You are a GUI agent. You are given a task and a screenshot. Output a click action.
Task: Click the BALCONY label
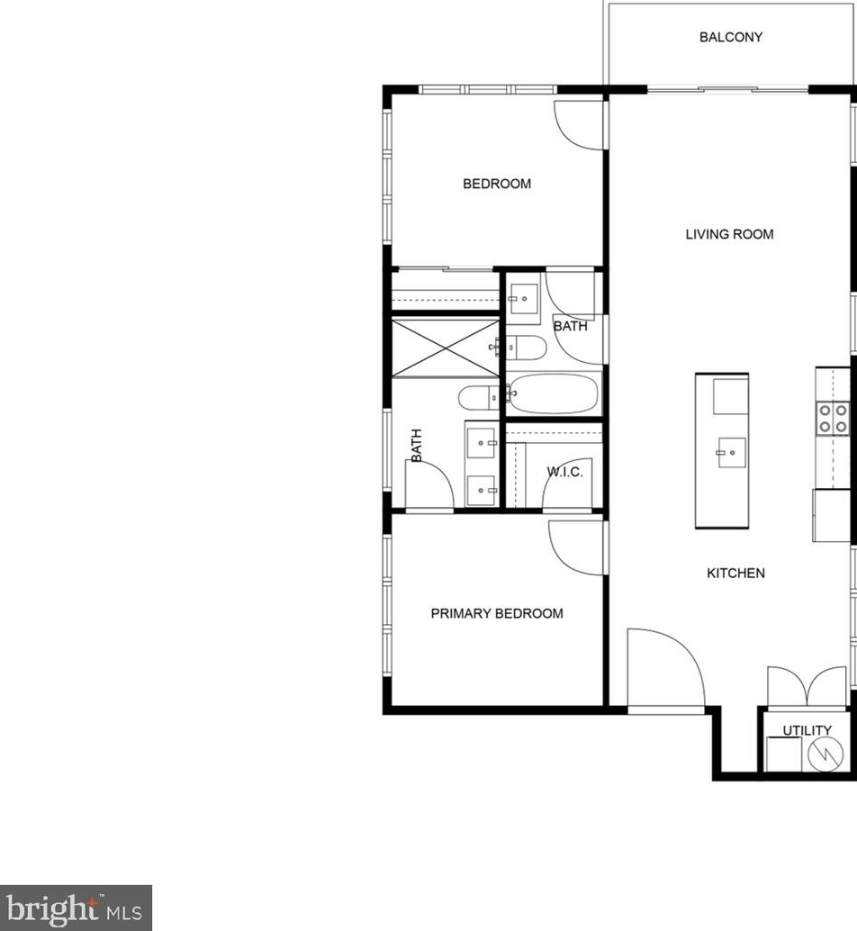pyautogui.click(x=731, y=37)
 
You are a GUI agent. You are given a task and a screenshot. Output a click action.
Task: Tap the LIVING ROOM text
pyautogui.click(x=729, y=234)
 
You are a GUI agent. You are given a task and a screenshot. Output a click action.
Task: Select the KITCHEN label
pyautogui.click(x=735, y=573)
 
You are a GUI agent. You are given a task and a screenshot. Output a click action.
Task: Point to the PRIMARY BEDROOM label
pyautogui.click(x=497, y=613)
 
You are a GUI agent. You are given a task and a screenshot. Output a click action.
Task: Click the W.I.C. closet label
pyautogui.click(x=565, y=472)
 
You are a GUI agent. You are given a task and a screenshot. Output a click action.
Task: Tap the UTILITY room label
pyautogui.click(x=807, y=730)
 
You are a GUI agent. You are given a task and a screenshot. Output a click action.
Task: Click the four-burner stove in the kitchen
pyautogui.click(x=832, y=419)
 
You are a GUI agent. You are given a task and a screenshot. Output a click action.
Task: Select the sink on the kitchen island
pyautogui.click(x=730, y=453)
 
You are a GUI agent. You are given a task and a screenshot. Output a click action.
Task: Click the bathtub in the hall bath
pyautogui.click(x=554, y=393)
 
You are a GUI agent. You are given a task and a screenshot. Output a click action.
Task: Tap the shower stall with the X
pyautogui.click(x=445, y=348)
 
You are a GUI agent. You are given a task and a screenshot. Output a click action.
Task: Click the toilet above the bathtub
pyautogui.click(x=526, y=347)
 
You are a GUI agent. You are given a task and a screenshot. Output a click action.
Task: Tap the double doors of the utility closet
pyautogui.click(x=807, y=686)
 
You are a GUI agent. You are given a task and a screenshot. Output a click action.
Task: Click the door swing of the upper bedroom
pyautogui.click(x=579, y=125)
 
